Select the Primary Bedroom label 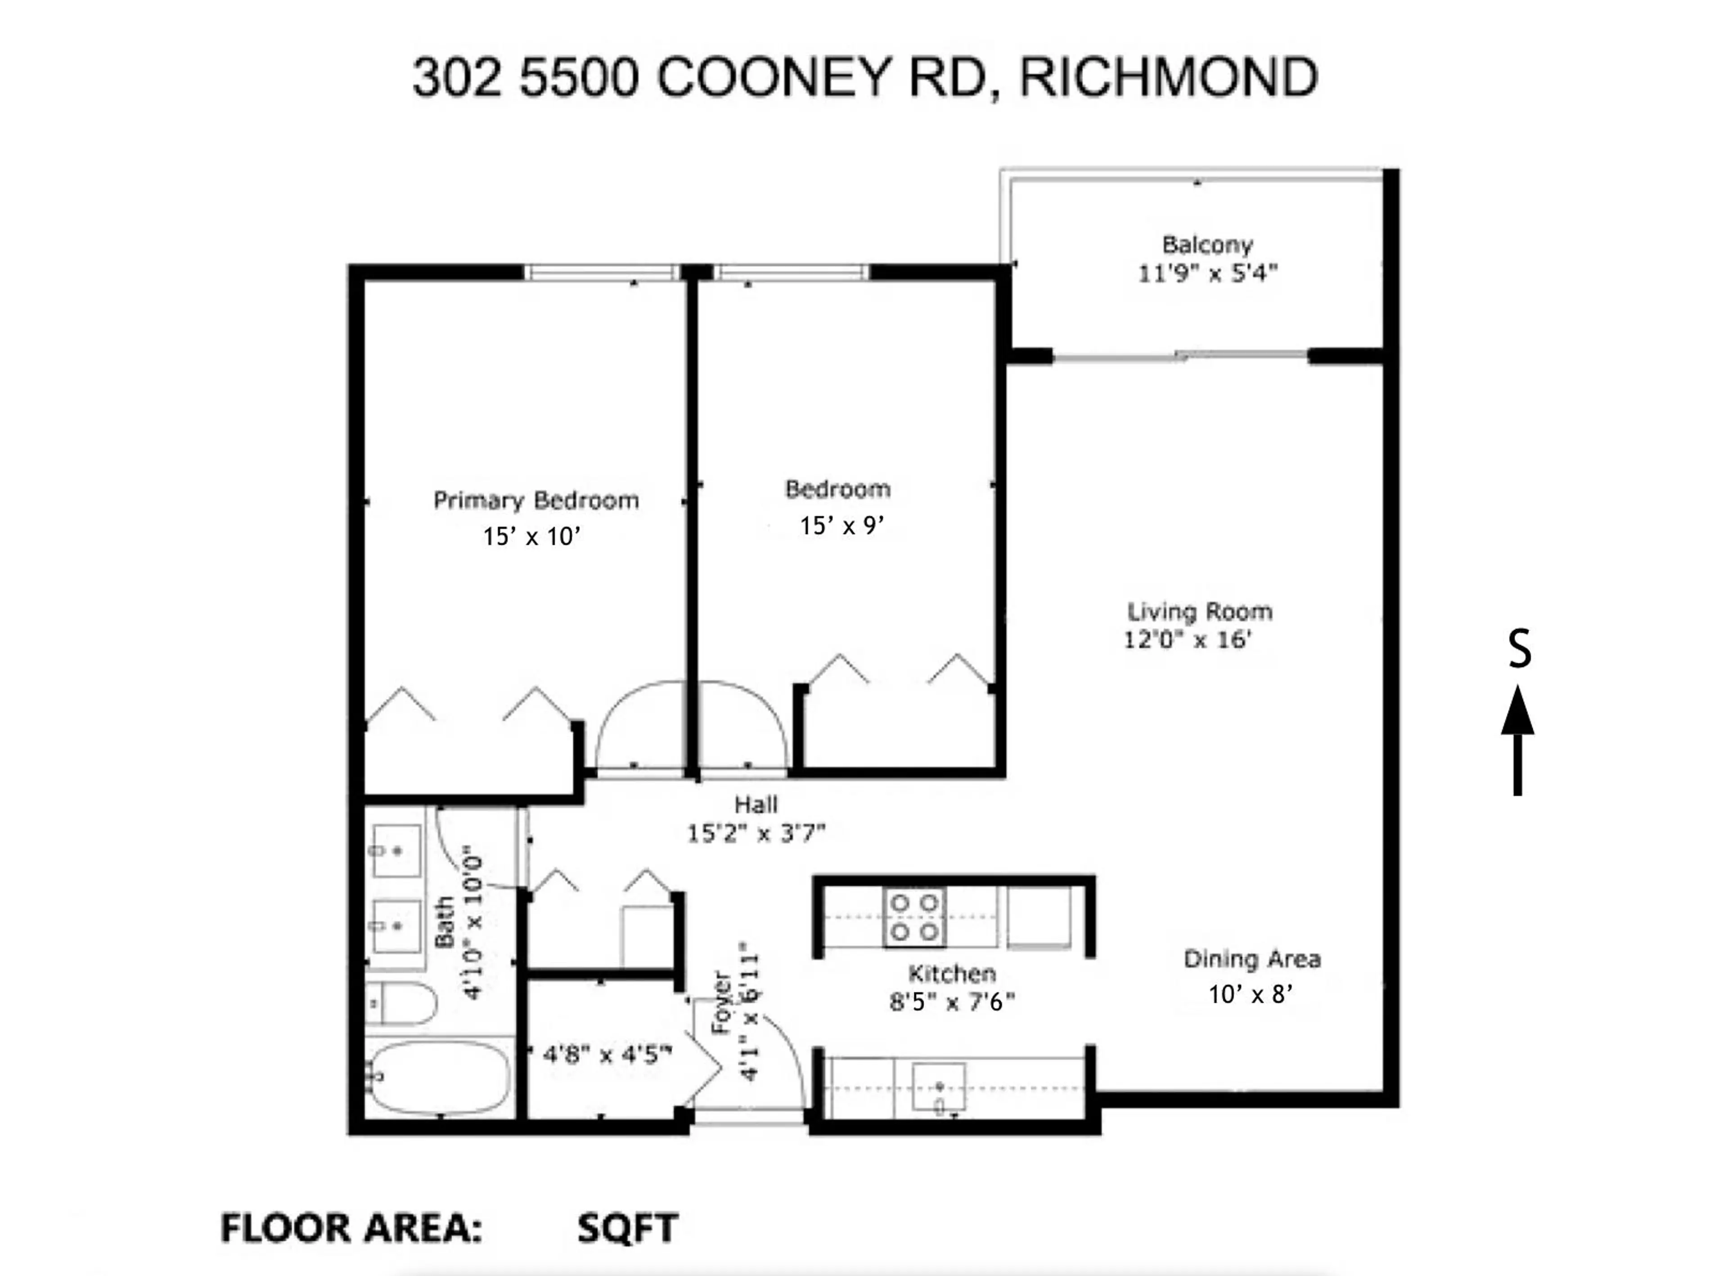[x=535, y=500]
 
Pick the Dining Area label [x=1251, y=959]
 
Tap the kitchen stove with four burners [x=914, y=917]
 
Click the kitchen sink [x=939, y=1087]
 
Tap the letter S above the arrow [x=1520, y=650]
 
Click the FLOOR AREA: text [x=351, y=1228]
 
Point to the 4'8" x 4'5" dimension [x=607, y=1054]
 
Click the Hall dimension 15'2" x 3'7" [x=756, y=833]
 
